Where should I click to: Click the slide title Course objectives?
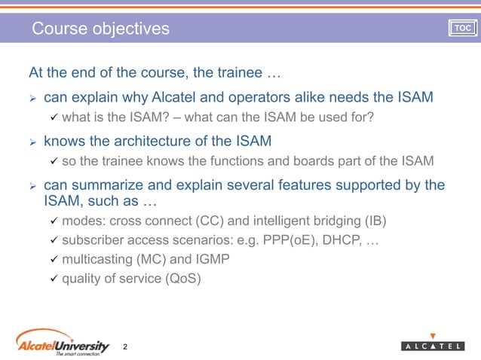coord(100,29)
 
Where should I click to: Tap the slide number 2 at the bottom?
coord(125,346)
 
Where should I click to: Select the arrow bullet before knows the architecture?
coord(32,141)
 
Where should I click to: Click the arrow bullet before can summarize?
coord(32,185)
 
